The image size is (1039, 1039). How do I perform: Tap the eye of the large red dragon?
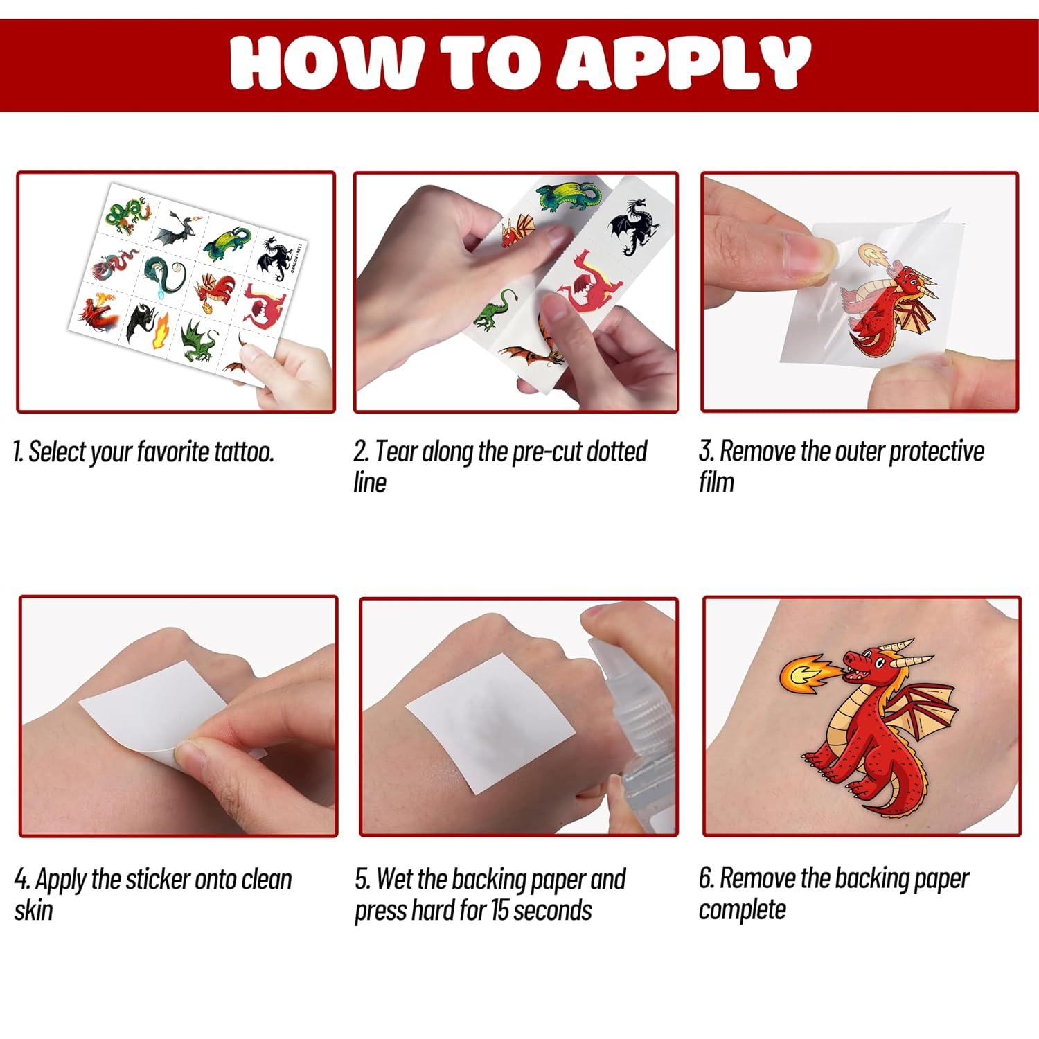click(x=879, y=661)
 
